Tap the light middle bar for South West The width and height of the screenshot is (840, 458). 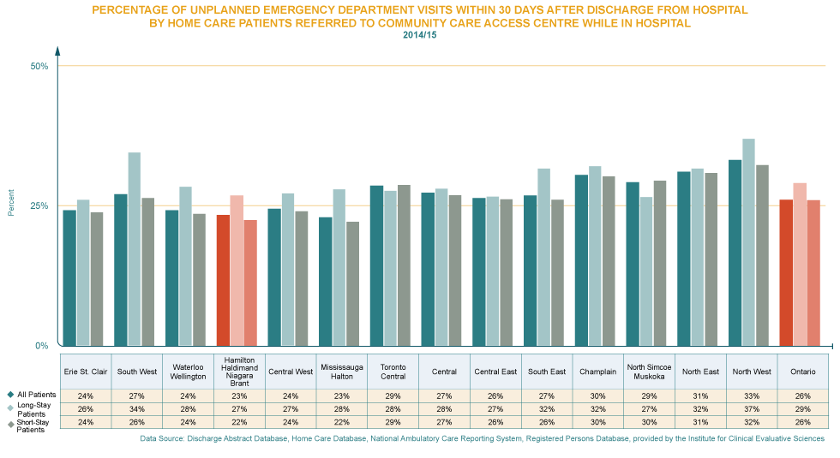click(x=135, y=248)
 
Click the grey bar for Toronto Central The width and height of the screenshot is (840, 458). click(x=404, y=265)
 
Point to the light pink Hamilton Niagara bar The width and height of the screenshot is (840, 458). click(x=237, y=270)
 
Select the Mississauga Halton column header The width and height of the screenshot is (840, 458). click(x=342, y=372)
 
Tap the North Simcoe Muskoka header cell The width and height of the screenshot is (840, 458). click(x=649, y=372)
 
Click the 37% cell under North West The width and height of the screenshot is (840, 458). click(x=752, y=408)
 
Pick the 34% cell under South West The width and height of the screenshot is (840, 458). click(x=137, y=408)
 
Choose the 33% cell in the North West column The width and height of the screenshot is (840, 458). click(x=752, y=396)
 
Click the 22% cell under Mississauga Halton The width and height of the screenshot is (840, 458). click(x=342, y=420)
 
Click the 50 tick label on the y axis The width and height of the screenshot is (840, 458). click(x=39, y=70)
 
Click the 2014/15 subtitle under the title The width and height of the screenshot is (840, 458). click(x=420, y=34)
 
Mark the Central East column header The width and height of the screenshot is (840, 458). click(x=495, y=372)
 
